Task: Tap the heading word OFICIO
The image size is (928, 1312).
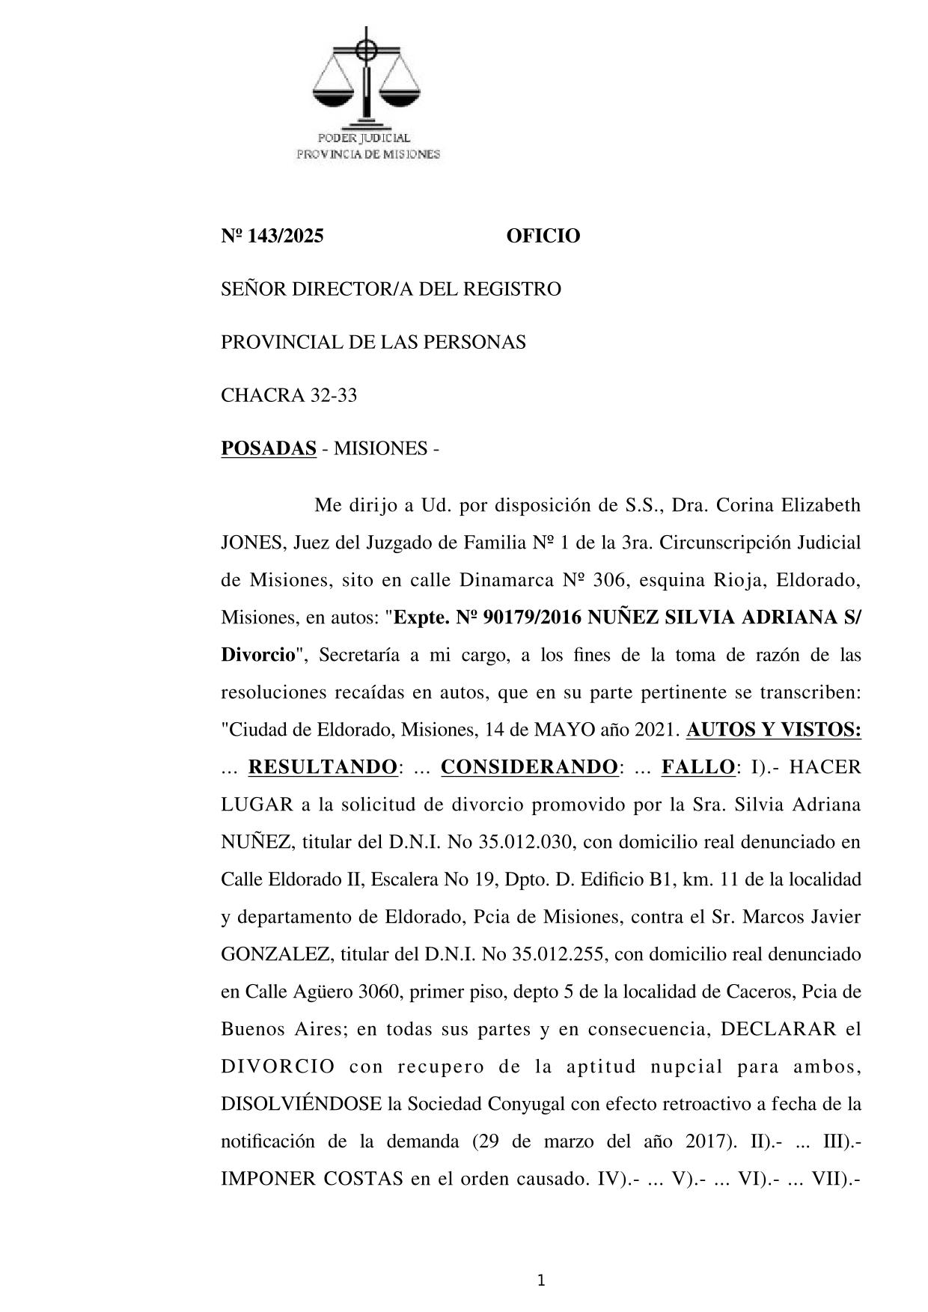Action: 543,237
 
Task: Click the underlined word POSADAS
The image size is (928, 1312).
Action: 269,448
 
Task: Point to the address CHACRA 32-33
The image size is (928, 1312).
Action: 289,395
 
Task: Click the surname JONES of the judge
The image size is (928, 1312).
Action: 250,543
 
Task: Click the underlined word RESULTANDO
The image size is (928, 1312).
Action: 322,767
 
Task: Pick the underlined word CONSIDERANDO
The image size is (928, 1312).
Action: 529,767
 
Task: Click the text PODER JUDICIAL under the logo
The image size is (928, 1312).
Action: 364,138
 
